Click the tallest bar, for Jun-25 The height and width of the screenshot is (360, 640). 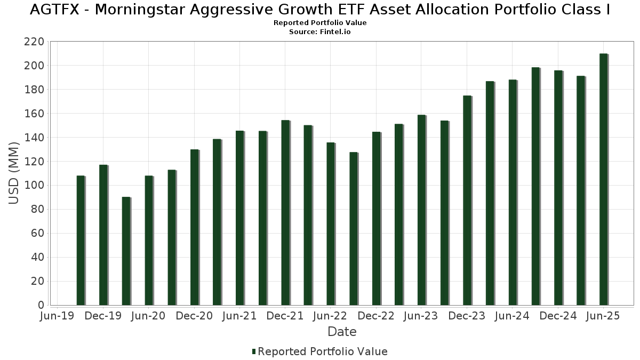coord(603,179)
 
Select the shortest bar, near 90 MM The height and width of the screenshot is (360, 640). coord(126,251)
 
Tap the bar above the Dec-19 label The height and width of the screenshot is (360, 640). coord(103,235)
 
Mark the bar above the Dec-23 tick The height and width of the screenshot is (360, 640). coord(467,200)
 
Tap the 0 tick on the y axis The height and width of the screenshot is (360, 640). coord(41,305)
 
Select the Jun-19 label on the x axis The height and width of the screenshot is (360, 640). coord(57,316)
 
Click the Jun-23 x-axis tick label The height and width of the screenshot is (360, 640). coord(421,316)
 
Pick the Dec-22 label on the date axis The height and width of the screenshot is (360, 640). coord(376,316)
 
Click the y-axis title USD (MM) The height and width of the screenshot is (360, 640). coord(14,173)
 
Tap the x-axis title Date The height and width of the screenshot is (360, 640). coord(342,332)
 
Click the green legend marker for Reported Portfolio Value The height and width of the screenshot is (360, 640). coord(254,351)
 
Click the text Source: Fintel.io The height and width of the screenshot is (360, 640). coord(320,32)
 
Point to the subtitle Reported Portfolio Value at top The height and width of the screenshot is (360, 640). coord(320,23)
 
